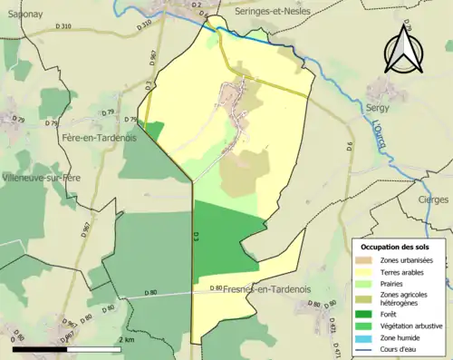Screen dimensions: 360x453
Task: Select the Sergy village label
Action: click(x=376, y=106)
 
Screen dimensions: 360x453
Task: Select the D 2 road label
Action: click(x=198, y=5)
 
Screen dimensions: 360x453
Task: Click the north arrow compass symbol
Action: click(x=402, y=49)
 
